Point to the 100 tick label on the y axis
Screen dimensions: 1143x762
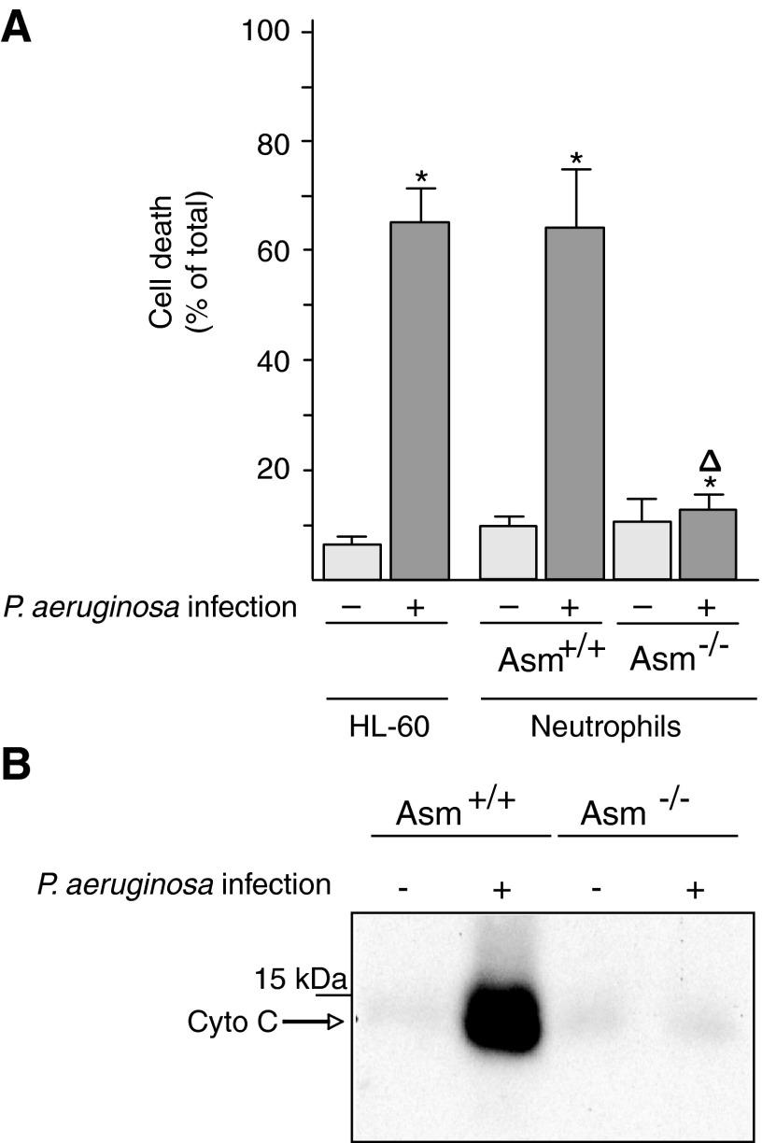[267, 32]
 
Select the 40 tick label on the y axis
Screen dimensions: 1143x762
[275, 360]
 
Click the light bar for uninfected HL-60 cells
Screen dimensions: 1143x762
[351, 561]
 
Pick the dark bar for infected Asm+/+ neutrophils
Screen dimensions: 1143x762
[575, 402]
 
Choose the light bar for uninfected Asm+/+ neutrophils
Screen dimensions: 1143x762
[507, 552]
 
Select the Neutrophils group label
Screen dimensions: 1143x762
[619, 727]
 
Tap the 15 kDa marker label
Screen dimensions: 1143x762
[300, 981]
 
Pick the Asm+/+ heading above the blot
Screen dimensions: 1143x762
[456, 811]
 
